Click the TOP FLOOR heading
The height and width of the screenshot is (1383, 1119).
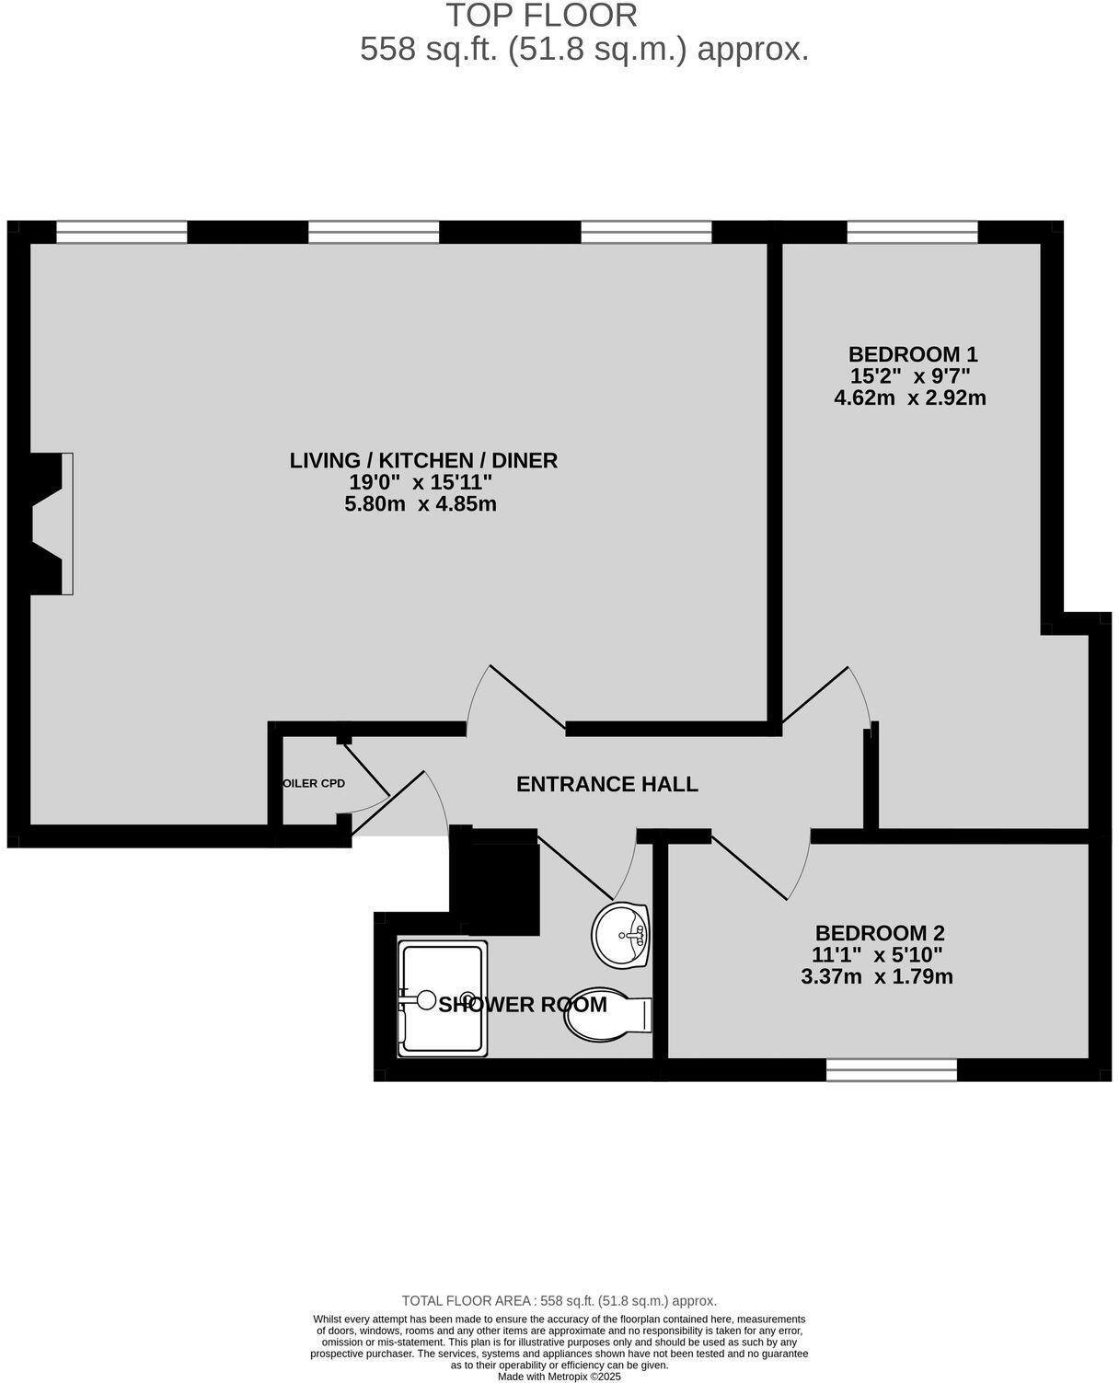pyautogui.click(x=541, y=16)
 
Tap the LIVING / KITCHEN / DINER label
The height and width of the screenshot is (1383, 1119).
pyautogui.click(x=423, y=460)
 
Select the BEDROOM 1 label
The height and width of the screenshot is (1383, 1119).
pyautogui.click(x=912, y=354)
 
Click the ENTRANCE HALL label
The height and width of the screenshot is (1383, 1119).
pyautogui.click(x=606, y=784)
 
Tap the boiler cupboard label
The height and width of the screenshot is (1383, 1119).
pyautogui.click(x=314, y=784)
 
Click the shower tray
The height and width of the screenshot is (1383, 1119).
pyautogui.click(x=442, y=997)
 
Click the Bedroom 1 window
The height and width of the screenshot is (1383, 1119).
pyautogui.click(x=912, y=232)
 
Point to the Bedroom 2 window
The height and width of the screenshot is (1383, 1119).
pyautogui.click(x=891, y=1069)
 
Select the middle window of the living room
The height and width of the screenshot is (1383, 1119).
pyautogui.click(x=373, y=232)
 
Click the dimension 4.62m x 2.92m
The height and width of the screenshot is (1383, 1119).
pyautogui.click(x=909, y=398)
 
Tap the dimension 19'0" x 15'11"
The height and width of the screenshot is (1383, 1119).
pyautogui.click(x=421, y=482)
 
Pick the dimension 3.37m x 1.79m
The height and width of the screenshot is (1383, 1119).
pyautogui.click(x=876, y=977)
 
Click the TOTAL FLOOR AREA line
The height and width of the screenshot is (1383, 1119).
pyautogui.click(x=559, y=1301)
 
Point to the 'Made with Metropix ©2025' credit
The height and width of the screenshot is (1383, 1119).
pyautogui.click(x=559, y=1377)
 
